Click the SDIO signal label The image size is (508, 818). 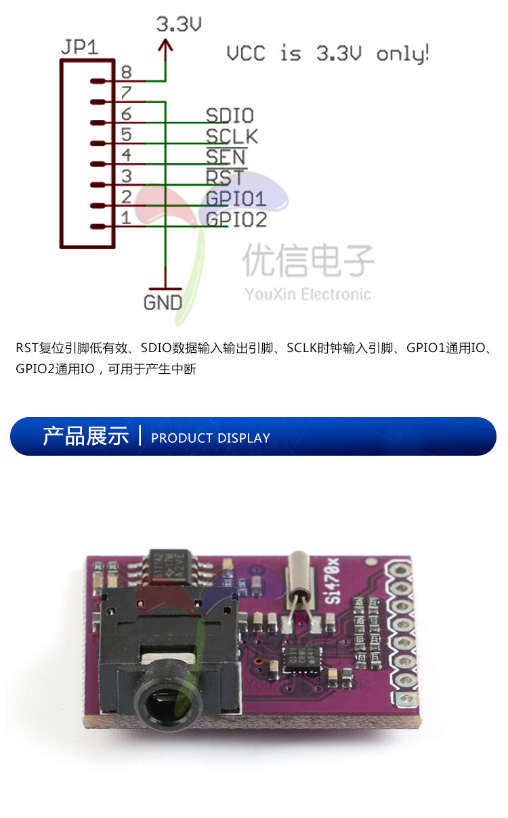230,115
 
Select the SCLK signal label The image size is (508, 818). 232,136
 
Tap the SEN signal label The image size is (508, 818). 226,157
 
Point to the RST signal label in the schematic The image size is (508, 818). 226,178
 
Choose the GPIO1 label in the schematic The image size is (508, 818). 236,199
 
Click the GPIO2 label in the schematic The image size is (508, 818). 236,219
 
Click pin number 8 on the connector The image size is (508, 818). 126,72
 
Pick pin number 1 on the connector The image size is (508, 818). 126,218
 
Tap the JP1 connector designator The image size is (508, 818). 79,47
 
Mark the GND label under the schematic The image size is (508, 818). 163,302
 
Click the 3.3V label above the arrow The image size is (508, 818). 179,25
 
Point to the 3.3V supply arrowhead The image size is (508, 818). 165,46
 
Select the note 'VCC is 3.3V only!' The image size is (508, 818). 327,53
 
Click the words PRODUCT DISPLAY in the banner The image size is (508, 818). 210,438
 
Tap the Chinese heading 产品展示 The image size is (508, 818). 85,436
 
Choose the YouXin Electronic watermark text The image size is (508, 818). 308,294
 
